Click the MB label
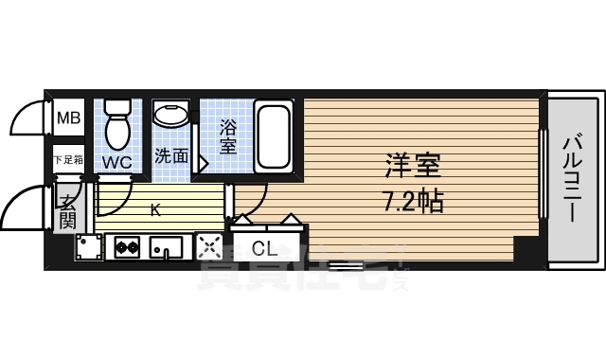point(68,118)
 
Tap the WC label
point(117,162)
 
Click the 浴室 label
point(228,135)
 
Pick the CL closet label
point(264,249)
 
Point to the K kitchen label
point(156,211)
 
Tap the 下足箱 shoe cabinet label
point(67,161)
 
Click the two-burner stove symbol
point(127,248)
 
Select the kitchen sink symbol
point(168,248)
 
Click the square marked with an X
point(208,247)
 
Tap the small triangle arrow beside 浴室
point(200,163)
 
